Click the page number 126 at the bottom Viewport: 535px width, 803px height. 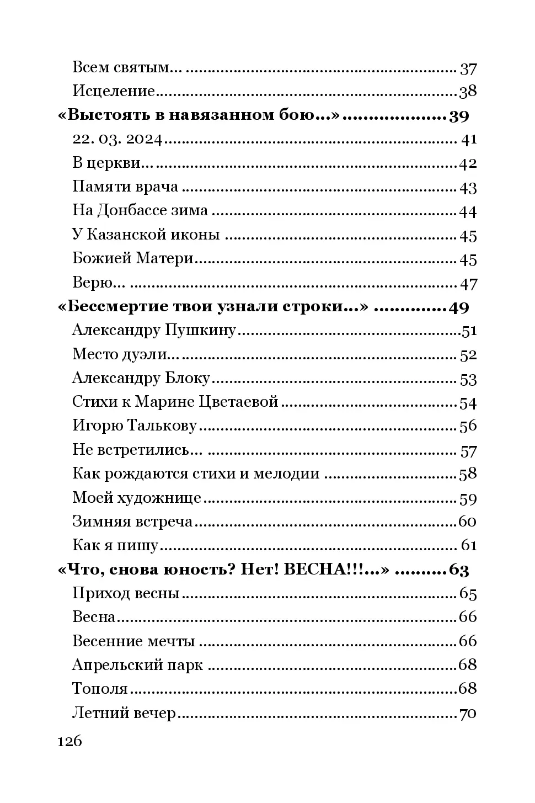point(69,741)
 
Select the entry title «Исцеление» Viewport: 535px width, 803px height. point(113,91)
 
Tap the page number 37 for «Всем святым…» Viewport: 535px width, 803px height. point(468,69)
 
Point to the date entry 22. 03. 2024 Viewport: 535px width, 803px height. point(117,140)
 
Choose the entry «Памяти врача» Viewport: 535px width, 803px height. point(125,187)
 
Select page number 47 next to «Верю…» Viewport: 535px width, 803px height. point(468,284)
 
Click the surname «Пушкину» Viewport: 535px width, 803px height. point(200,331)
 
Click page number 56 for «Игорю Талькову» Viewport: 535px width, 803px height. point(468,426)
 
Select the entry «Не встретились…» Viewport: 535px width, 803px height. point(137,450)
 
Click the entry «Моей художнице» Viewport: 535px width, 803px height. point(136,498)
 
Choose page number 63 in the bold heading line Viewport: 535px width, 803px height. point(458,570)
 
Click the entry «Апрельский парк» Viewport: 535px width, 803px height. point(137,665)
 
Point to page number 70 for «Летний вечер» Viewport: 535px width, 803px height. point(468,713)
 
